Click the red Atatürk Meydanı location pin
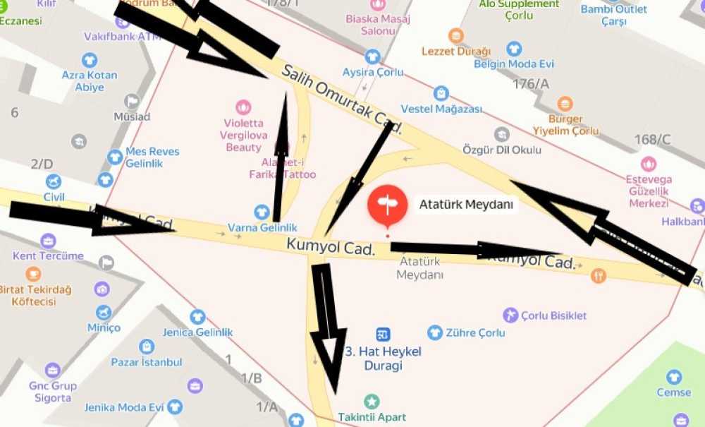pyautogui.click(x=387, y=205)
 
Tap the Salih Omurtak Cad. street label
pyautogui.click(x=342, y=99)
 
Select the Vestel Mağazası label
pyautogui.click(x=441, y=109)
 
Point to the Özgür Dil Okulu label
pyautogui.click(x=501, y=150)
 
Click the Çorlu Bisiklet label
pyautogui.click(x=554, y=315)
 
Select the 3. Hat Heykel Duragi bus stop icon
pyautogui.click(x=383, y=334)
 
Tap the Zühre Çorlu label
pyautogui.click(x=475, y=332)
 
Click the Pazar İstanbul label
pyautogui.click(x=147, y=362)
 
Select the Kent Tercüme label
pyautogui.click(x=48, y=255)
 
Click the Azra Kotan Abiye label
pyautogui.click(x=90, y=81)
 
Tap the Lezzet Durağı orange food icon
pyautogui.click(x=456, y=35)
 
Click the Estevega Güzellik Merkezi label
pyautogui.click(x=647, y=191)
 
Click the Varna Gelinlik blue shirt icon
pyautogui.click(x=262, y=212)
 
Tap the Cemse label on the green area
pyautogui.click(x=674, y=392)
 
